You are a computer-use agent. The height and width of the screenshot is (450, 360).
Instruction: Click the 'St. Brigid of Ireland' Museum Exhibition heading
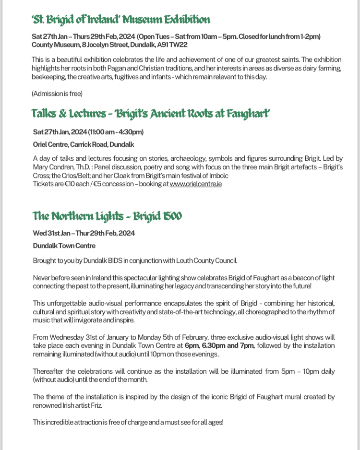pyautogui.click(x=121, y=20)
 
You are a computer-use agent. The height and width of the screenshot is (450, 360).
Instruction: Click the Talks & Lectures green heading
pyautogui.click(x=150, y=114)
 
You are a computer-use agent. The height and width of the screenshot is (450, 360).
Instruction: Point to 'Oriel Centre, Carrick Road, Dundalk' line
pyautogui.click(x=84, y=144)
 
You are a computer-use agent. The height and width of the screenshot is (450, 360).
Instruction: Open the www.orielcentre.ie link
pyautogui.click(x=195, y=183)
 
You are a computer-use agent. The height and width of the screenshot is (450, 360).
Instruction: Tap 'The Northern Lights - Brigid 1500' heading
pyautogui.click(x=107, y=216)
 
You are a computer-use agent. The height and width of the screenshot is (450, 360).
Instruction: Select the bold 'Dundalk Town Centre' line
pyautogui.click(x=64, y=245)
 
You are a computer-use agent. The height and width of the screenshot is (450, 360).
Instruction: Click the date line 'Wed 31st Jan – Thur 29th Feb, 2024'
pyautogui.click(x=84, y=233)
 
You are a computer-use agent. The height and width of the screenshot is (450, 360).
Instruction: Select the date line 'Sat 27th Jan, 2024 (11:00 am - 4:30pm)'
pyautogui.click(x=88, y=132)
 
